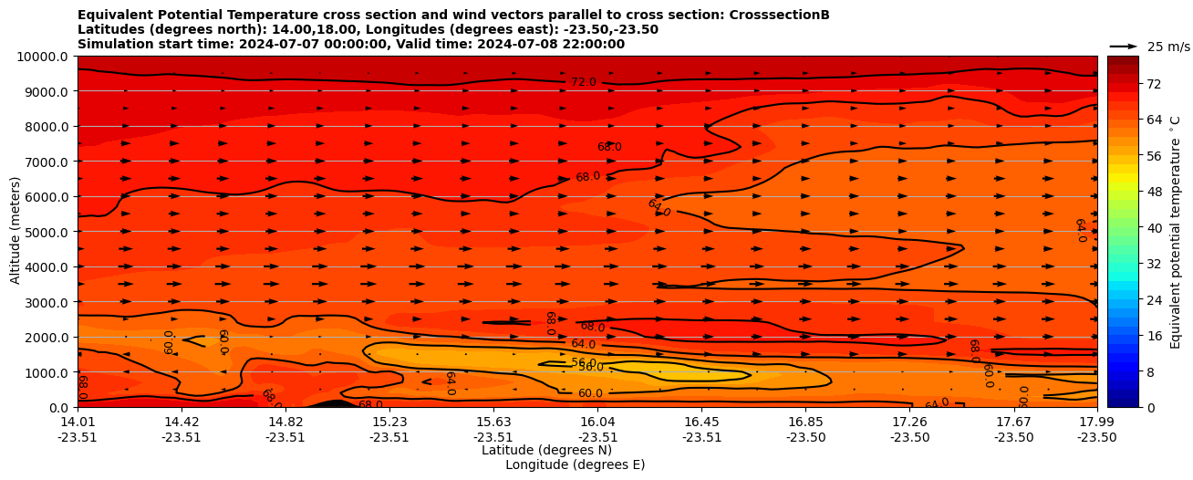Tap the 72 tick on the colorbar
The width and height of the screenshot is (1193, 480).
tap(1153, 84)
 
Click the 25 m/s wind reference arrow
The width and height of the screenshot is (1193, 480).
tap(1124, 47)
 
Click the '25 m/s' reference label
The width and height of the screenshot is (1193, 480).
tap(1168, 47)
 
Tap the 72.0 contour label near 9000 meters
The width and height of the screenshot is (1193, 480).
tap(584, 82)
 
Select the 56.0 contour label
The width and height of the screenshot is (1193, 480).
tap(585, 363)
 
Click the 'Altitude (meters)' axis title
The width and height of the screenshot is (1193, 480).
tap(16, 232)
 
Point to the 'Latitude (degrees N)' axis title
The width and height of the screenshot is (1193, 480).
tap(546, 450)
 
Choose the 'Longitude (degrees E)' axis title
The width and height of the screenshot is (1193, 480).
tap(575, 464)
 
